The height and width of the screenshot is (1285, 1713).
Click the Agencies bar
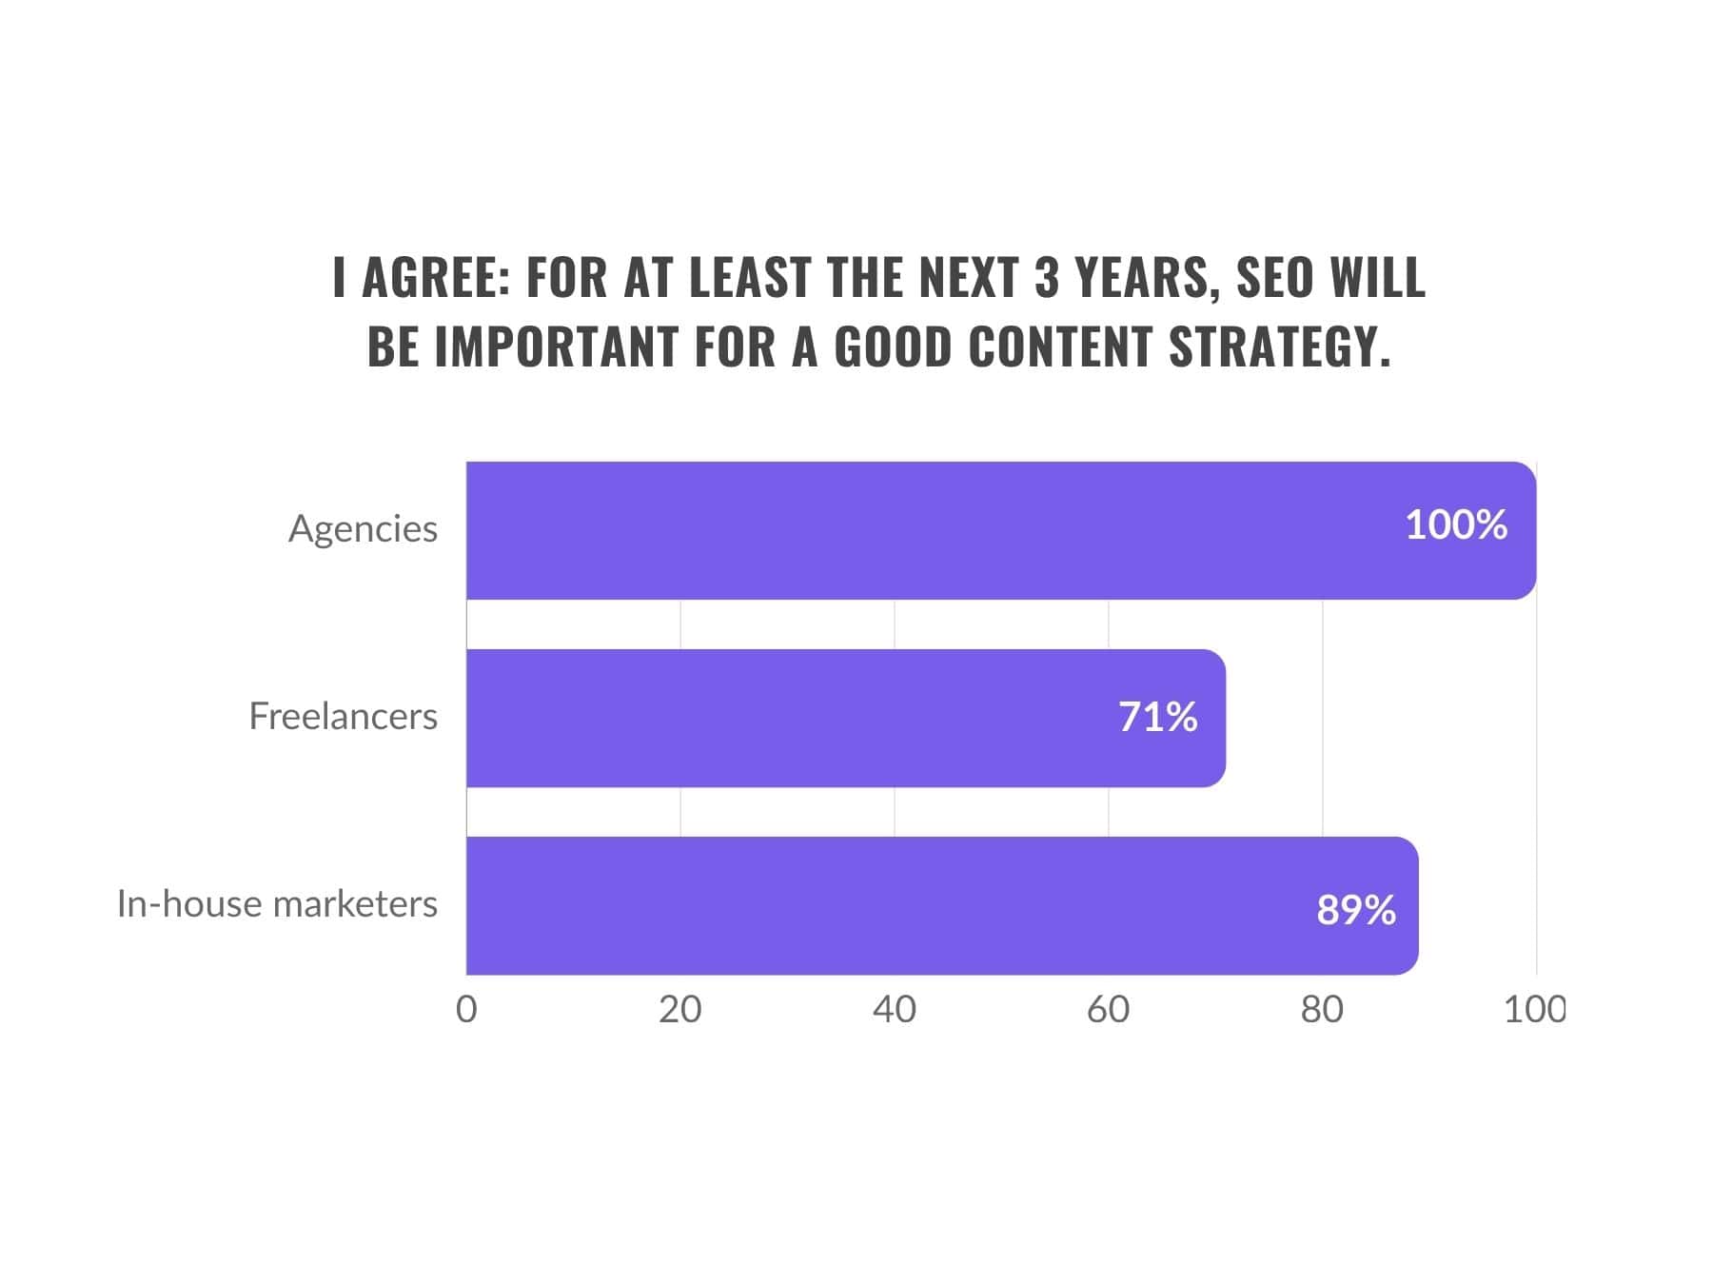pyautogui.click(x=999, y=530)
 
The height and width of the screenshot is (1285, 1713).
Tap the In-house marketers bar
pyautogui.click(x=942, y=905)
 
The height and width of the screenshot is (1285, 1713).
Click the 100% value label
pyautogui.click(x=1456, y=525)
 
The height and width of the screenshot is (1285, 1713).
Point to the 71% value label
pyautogui.click(x=1157, y=717)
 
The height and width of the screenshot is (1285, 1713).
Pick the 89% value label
pyautogui.click(x=1356, y=910)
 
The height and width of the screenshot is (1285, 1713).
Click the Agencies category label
pyautogui.click(x=363, y=529)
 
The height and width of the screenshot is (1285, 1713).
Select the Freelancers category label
pyautogui.click(x=343, y=716)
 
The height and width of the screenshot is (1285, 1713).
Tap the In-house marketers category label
pyautogui.click(x=277, y=903)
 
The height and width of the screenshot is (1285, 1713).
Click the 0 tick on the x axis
pyautogui.click(x=466, y=1010)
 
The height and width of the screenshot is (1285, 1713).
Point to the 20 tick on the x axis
pyautogui.click(x=680, y=1010)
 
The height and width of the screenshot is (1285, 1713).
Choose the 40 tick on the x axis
pyautogui.click(x=895, y=1010)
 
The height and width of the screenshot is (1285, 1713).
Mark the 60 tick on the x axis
pyautogui.click(x=1109, y=1010)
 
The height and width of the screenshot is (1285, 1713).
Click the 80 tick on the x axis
pyautogui.click(x=1322, y=1010)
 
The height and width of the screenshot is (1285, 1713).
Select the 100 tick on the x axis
pyautogui.click(x=1533, y=1010)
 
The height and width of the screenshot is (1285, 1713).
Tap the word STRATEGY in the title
pyautogui.click(x=1280, y=346)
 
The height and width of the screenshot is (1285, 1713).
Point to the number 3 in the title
pyautogui.click(x=1047, y=277)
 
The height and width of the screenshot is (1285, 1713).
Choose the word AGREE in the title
pyautogui.click(x=437, y=277)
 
